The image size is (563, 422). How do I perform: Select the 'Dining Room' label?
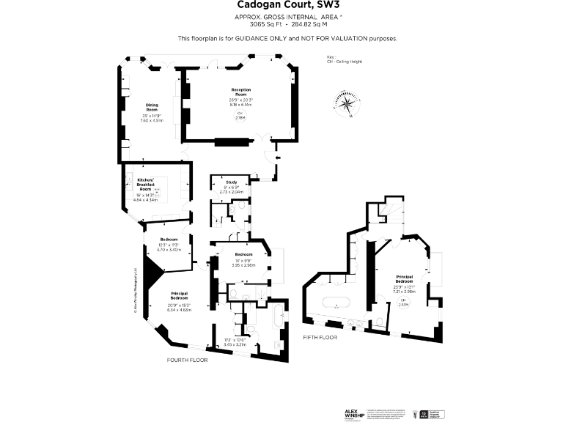pyautogui.click(x=152, y=108)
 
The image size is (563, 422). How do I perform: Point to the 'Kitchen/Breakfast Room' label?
pyautogui.click(x=145, y=184)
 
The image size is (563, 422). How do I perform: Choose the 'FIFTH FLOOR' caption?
pyautogui.click(x=320, y=337)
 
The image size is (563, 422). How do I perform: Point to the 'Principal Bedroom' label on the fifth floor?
pyautogui.click(x=405, y=279)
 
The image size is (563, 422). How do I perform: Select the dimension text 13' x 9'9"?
pyautogui.click(x=243, y=260)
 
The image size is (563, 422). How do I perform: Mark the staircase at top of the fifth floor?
pyautogui.click(x=389, y=212)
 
